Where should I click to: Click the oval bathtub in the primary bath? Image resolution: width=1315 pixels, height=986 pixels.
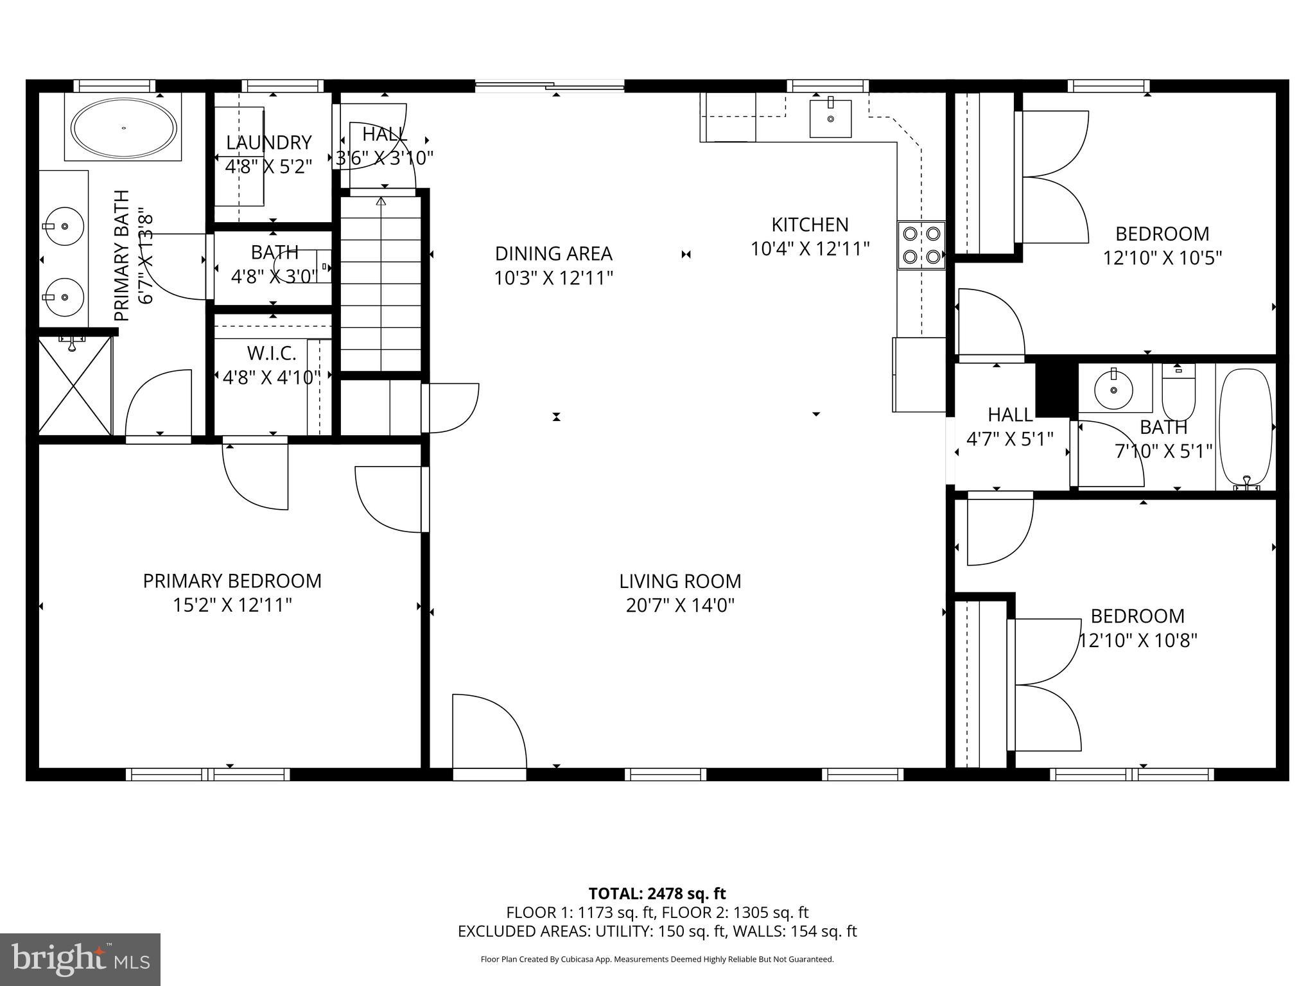[123, 128]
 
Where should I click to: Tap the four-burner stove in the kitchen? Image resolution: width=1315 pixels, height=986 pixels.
[921, 245]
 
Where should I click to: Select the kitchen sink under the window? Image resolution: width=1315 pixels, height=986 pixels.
[830, 118]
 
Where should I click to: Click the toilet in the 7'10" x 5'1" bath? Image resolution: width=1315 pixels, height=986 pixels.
[1178, 393]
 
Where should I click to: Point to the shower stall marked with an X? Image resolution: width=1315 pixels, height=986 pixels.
[75, 385]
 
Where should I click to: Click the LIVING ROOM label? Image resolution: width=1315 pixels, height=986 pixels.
[680, 582]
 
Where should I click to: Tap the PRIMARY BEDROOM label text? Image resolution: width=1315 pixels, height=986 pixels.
[232, 581]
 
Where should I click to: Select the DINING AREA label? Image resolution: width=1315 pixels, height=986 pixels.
[553, 254]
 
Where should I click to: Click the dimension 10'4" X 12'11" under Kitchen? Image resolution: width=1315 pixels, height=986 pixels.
[810, 249]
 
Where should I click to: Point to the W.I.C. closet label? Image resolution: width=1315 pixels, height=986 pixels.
[272, 353]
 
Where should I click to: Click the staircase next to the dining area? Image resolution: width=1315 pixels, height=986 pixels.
[381, 282]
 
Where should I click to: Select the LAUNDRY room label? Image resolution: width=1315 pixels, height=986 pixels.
[268, 143]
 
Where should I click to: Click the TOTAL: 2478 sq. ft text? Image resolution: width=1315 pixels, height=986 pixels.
[657, 894]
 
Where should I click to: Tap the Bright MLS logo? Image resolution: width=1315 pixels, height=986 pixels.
[80, 960]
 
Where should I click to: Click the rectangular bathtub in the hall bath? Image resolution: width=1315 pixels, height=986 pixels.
[1245, 427]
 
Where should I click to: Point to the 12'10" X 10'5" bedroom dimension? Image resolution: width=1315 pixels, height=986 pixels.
[1162, 258]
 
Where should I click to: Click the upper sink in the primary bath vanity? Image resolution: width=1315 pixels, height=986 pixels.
[64, 226]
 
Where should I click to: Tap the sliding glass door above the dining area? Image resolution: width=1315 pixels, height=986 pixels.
[550, 85]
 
